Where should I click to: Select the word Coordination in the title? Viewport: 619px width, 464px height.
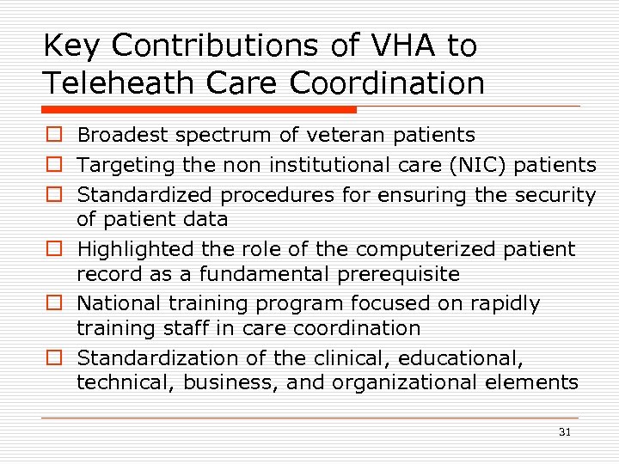387,83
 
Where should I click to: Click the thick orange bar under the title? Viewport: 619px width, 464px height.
199,110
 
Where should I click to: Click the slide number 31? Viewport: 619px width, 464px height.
564,432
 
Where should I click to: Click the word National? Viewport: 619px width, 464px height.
113,303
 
